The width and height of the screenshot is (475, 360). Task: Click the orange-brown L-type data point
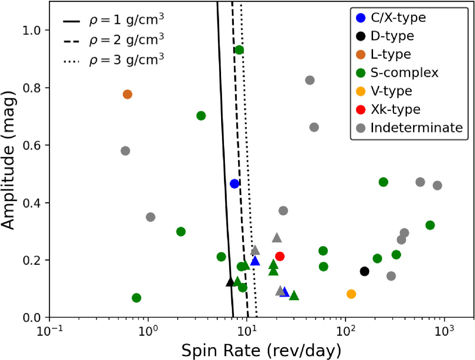127,94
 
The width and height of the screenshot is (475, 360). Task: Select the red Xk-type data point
280,256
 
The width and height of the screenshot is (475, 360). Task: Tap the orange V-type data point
351,294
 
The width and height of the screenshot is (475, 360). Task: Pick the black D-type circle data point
364,271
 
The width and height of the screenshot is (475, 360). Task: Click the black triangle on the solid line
230,282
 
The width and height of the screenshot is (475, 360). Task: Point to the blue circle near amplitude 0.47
234,184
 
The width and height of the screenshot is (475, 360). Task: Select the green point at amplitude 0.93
239,50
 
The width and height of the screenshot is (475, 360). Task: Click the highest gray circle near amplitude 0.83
310,80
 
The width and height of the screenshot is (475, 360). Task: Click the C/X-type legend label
398,18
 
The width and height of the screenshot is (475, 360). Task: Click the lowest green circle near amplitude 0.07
136,298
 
